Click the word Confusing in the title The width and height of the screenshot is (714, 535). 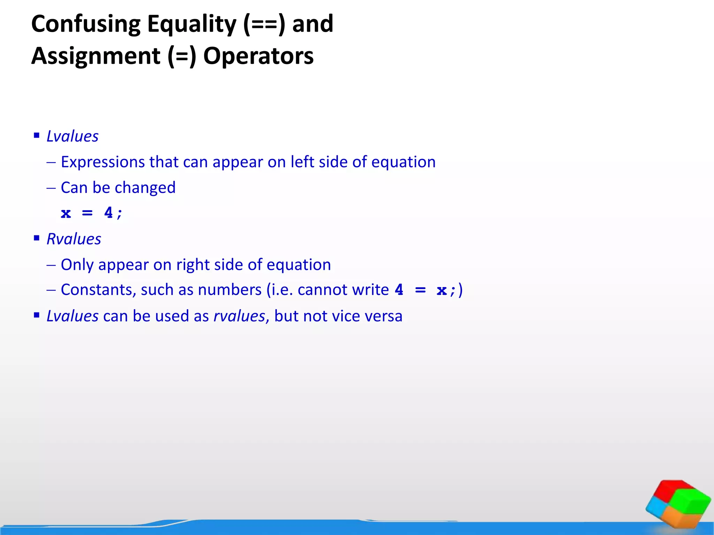(x=86, y=24)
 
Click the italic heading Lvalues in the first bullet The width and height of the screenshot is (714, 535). (x=73, y=136)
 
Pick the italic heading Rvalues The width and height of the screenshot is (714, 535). (x=74, y=239)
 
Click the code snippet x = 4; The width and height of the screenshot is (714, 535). (x=91, y=213)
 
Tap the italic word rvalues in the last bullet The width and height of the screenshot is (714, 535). (x=239, y=316)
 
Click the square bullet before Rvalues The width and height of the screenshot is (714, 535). (x=37, y=238)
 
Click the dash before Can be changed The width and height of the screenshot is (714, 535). (x=51, y=188)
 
